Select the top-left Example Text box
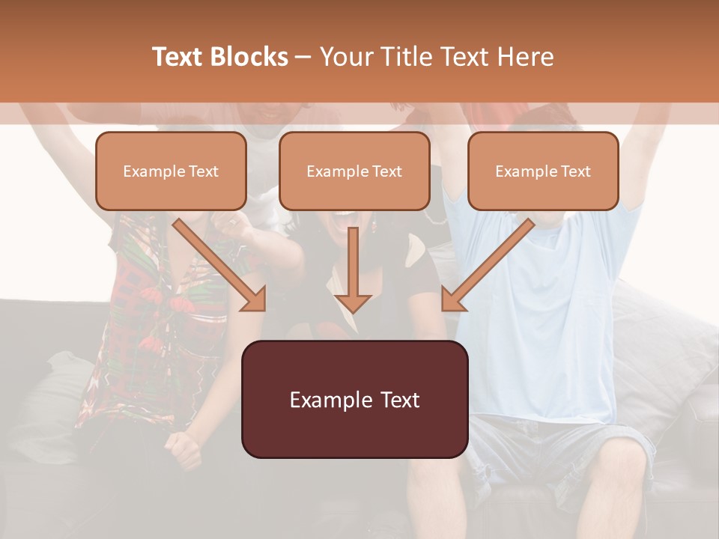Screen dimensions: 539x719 (171, 171)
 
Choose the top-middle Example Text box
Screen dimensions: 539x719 (354, 171)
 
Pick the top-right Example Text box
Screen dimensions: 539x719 (543, 171)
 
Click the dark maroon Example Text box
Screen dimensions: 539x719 (354, 400)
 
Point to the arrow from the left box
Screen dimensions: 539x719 (217, 262)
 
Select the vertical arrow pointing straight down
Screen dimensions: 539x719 (353, 266)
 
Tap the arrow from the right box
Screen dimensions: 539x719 (491, 262)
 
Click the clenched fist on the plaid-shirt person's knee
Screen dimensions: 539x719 (185, 449)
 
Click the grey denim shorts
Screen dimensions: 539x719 (554, 449)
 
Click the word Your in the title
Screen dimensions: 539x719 (345, 57)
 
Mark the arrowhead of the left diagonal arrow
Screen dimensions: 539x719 (255, 299)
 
